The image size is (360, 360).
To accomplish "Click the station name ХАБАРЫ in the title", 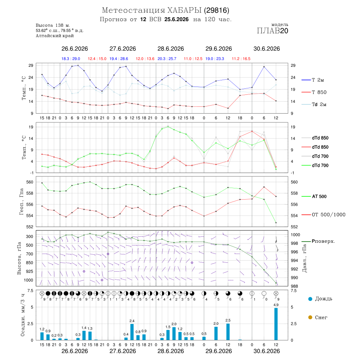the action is point(184,10).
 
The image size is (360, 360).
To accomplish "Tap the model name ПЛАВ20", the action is point(272,31).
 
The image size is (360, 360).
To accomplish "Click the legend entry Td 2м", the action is point(319,104).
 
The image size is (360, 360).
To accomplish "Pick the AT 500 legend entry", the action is point(319,196).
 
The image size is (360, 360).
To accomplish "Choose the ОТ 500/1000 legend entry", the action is point(328,215).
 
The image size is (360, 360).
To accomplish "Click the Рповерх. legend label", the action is point(323,241).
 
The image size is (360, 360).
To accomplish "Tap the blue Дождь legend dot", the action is point(310,299).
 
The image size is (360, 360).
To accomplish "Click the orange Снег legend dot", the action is point(310,318).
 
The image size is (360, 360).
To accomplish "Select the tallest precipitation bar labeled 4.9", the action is point(276,324).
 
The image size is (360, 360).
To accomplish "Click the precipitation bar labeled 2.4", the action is point(132,332).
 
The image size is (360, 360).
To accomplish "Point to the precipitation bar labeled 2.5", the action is point(228,332).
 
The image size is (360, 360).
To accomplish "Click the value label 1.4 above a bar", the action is point(84,328).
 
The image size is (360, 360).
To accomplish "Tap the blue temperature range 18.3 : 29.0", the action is point(71,59).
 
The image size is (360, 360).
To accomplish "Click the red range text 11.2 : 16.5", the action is point(241,59).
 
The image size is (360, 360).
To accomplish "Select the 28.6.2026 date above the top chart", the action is point(170,49).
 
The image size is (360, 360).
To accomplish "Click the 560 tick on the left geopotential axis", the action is point(30,182).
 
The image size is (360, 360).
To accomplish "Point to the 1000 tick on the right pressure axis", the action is point(296,235).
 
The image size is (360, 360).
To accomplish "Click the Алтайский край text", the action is point(55,36).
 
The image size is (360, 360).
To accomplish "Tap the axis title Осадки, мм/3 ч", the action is point(23,315).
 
